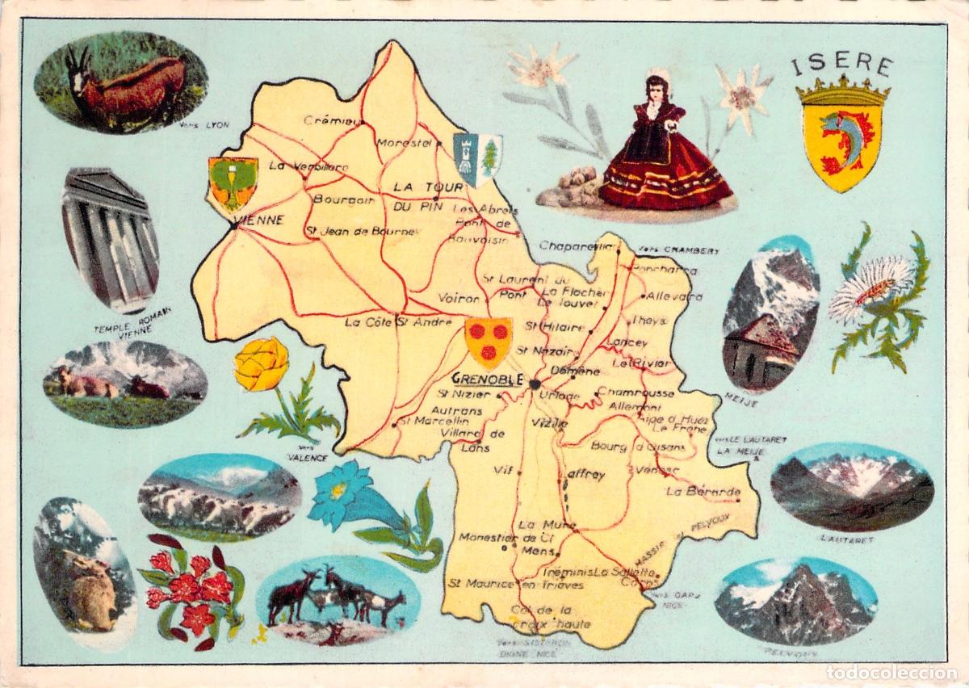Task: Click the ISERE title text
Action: point(841,65)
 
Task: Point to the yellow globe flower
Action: point(262,365)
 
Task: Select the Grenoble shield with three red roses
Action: point(489,341)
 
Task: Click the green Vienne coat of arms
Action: point(233,182)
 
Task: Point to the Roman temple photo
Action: point(110,240)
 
